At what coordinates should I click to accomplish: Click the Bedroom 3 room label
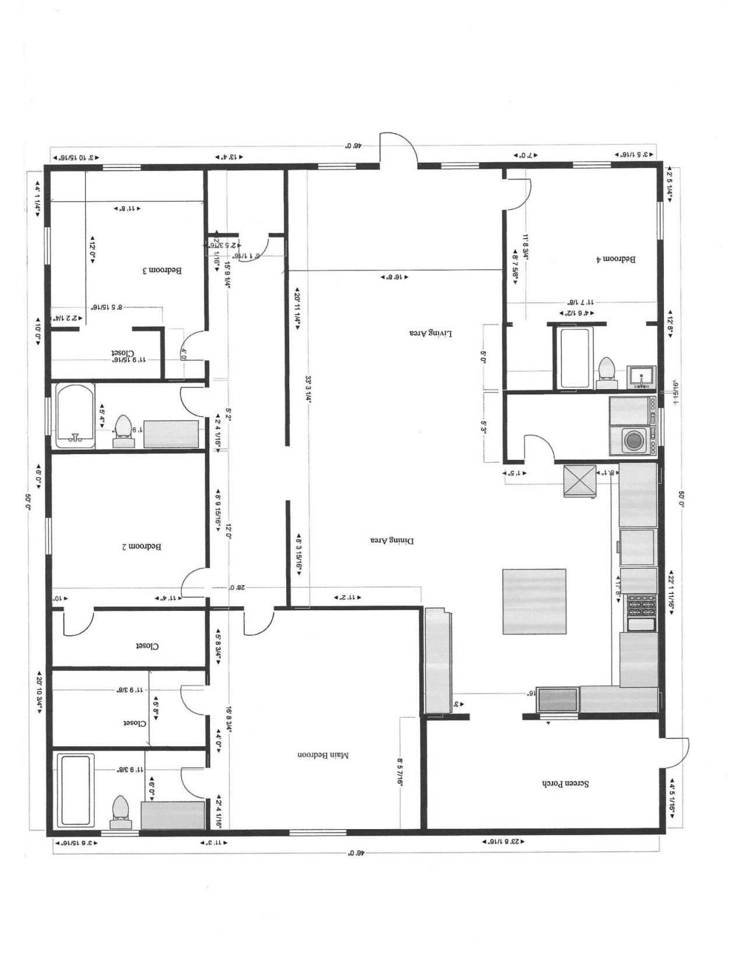click(x=163, y=271)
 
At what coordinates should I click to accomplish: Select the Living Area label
click(x=430, y=333)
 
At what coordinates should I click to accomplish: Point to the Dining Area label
click(x=392, y=540)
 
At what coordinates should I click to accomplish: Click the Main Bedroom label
click(x=323, y=755)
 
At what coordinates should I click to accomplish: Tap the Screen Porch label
click(x=565, y=784)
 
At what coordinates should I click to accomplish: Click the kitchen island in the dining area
click(x=534, y=602)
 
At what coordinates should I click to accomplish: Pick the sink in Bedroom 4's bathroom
click(x=641, y=377)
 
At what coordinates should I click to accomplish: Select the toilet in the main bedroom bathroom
click(x=121, y=809)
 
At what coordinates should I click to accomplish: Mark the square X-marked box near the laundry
click(x=579, y=481)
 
